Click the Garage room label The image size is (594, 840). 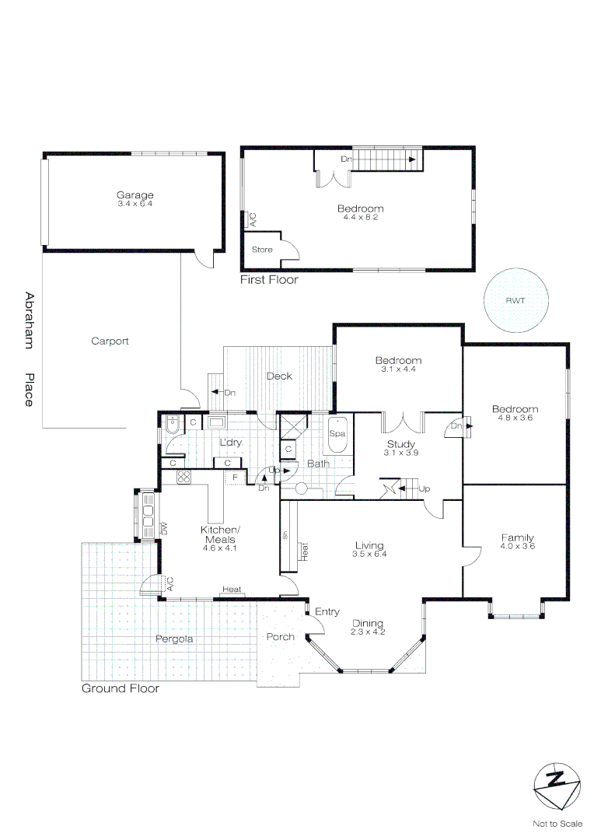click(x=135, y=195)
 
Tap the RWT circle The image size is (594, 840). click(x=514, y=299)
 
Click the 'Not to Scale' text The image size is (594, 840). click(x=557, y=824)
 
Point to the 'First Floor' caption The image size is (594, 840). click(x=269, y=280)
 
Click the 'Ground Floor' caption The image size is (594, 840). click(x=121, y=688)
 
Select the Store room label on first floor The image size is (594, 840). click(x=262, y=250)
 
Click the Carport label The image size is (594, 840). click(x=110, y=341)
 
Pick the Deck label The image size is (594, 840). click(x=279, y=376)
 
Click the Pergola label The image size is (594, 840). click(x=173, y=639)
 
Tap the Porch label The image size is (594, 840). click(x=281, y=637)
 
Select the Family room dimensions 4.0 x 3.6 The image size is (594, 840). click(x=517, y=546)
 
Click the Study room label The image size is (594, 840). click(x=401, y=444)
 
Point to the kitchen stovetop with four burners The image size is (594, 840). click(x=184, y=477)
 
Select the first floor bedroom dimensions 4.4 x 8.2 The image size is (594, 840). click(x=360, y=217)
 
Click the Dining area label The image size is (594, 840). click(x=367, y=623)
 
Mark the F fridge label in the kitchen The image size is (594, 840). click(x=234, y=477)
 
